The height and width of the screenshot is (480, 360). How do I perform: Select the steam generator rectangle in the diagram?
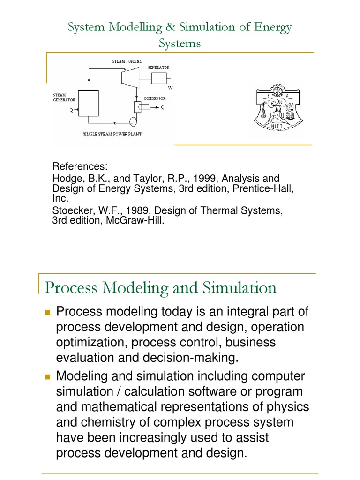(x=88, y=103)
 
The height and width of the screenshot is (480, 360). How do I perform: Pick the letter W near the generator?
(x=170, y=88)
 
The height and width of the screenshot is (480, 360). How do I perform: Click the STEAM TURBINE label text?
(x=127, y=61)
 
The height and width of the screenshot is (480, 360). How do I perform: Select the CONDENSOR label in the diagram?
(x=154, y=98)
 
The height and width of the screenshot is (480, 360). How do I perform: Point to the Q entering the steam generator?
(x=71, y=111)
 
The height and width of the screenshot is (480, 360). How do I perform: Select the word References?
(x=80, y=167)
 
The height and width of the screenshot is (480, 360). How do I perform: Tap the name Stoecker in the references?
(x=70, y=211)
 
